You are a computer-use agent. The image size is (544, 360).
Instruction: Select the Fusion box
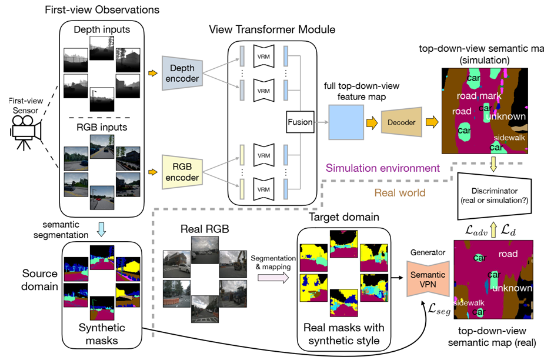click(301, 122)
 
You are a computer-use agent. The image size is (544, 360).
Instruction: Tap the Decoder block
click(402, 122)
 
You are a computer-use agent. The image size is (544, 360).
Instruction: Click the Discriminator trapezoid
click(499, 193)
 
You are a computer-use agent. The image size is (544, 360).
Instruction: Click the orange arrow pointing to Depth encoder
click(152, 74)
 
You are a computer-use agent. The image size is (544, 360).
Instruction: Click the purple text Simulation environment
click(383, 168)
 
